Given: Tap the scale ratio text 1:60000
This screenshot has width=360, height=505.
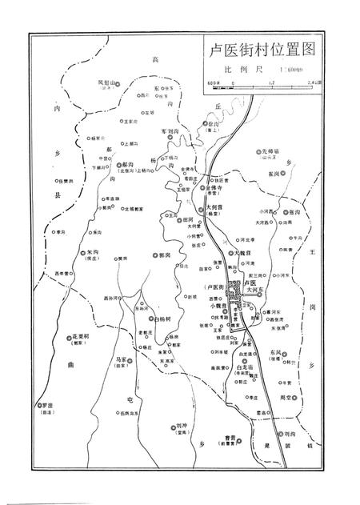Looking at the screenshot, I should (x=285, y=70).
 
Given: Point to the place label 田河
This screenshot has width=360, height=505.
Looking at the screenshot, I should (x=190, y=218).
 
